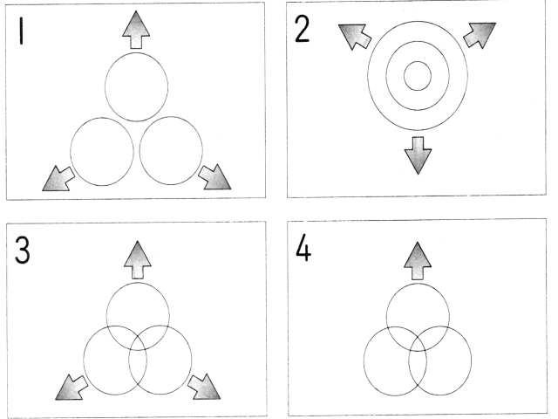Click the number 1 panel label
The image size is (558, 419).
[22, 31]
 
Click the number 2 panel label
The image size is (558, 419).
[303, 29]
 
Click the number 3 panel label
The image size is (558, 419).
[22, 251]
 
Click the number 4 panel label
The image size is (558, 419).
[303, 247]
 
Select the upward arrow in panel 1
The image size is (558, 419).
[136, 30]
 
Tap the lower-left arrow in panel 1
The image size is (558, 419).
[58, 179]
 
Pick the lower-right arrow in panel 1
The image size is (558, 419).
[214, 177]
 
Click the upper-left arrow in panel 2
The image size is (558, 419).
[355, 37]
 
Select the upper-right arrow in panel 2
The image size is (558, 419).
[480, 35]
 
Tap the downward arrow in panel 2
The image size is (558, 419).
[418, 155]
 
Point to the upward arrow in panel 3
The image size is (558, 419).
[138, 260]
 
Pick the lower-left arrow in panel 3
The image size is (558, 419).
[71, 388]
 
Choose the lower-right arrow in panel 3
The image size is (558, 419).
[204, 387]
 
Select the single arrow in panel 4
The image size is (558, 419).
[418, 261]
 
